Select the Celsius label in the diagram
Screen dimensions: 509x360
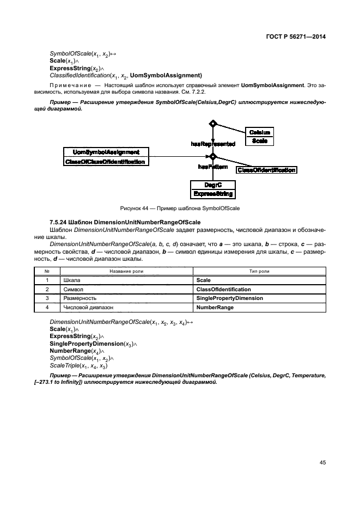pyautogui.click(x=259, y=132)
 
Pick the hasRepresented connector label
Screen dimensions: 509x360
pyautogui.click(x=213, y=144)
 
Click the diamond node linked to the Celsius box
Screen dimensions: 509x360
pyautogui.click(x=213, y=124)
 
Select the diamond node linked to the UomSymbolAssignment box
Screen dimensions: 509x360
pyautogui.click(x=213, y=157)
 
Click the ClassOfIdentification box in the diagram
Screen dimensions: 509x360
pyautogui.click(x=266, y=170)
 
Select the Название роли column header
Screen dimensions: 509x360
pyautogui.click(x=125, y=271)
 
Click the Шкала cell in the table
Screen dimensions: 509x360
pyautogui.click(x=72, y=280)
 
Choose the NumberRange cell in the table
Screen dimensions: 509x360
pyautogui.click(x=215, y=308)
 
